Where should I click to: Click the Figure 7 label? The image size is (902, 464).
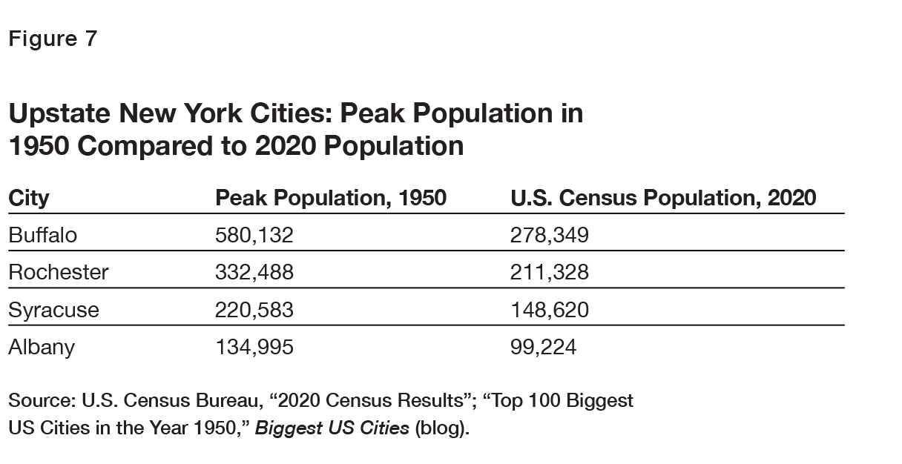[53, 39]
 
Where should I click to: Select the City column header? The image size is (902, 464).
[29, 198]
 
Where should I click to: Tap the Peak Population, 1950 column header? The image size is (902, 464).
[331, 198]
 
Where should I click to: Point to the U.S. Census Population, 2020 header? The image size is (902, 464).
[663, 198]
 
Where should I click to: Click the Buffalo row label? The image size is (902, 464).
[42, 236]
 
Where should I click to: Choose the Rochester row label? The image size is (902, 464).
[58, 273]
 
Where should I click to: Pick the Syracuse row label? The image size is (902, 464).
[53, 310]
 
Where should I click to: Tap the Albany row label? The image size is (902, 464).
[42, 347]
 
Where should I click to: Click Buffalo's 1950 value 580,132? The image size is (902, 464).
[254, 236]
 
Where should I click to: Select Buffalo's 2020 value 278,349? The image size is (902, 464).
[550, 236]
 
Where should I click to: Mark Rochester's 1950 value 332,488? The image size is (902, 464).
[254, 273]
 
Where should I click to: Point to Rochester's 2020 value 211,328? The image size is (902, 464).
[550, 273]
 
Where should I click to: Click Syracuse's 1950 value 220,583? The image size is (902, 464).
[254, 310]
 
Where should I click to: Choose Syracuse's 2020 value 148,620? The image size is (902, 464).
[550, 310]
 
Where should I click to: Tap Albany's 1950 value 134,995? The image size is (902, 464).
[254, 347]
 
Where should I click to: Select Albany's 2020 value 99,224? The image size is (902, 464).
[543, 347]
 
